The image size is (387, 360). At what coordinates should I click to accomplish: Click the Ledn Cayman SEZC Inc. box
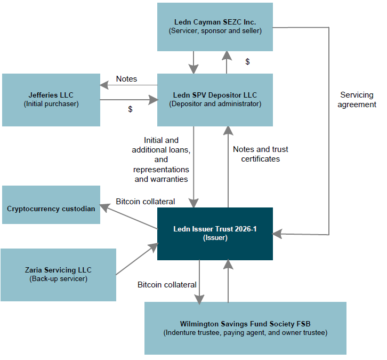[x=215, y=27]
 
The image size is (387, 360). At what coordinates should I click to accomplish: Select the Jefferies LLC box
[x=51, y=100]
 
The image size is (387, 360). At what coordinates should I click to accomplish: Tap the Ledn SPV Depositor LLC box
[x=215, y=100]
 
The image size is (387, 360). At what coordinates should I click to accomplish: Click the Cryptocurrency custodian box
[x=51, y=205]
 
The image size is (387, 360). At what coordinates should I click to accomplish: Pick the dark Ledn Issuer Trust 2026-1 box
[x=215, y=234]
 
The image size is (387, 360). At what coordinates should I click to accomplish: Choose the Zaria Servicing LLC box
[x=58, y=275]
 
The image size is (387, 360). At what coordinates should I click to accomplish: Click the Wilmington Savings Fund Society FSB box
[x=245, y=328]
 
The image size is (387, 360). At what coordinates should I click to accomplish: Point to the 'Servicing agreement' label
[x=358, y=100]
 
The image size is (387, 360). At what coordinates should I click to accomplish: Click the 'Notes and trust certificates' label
[x=261, y=154]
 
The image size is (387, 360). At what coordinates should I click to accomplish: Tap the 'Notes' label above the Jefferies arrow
[x=126, y=79]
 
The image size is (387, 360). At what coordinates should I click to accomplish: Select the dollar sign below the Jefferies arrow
[x=130, y=109]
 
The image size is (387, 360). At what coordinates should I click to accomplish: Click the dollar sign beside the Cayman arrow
[x=247, y=62]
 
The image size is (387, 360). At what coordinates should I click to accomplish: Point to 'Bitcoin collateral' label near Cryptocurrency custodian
[x=146, y=202]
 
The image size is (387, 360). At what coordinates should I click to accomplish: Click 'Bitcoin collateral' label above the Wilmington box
[x=167, y=285]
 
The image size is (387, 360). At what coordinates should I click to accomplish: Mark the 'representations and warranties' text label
[x=161, y=174]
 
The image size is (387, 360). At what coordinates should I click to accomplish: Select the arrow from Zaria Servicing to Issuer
[x=137, y=259]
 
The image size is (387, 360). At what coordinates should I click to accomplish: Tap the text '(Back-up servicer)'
[x=58, y=279]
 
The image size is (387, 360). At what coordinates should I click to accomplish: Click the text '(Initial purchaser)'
[x=51, y=104]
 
